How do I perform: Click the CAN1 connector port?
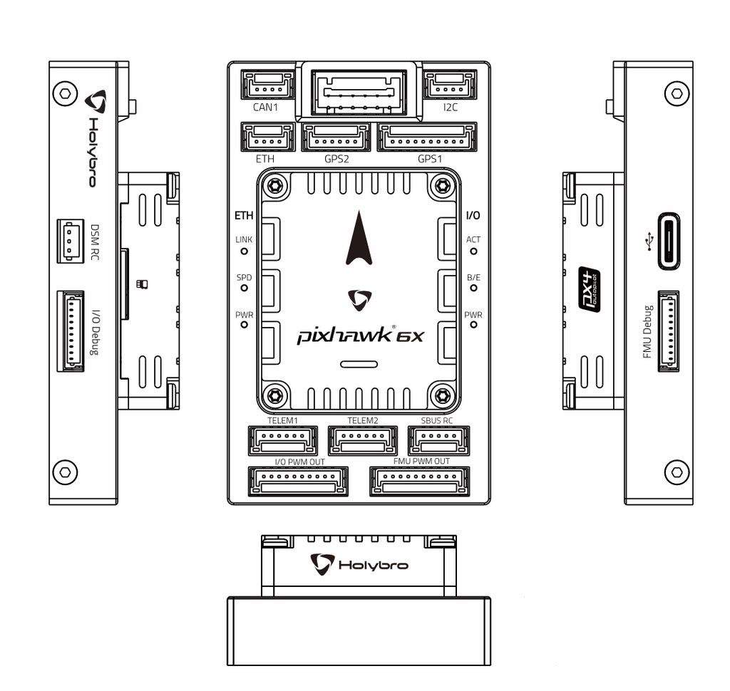point(268,85)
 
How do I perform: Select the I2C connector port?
point(450,85)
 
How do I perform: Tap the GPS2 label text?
point(336,159)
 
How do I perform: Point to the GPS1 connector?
point(427,137)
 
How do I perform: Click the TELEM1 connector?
point(282,440)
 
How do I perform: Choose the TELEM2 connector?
point(363,440)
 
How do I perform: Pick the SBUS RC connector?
point(438,440)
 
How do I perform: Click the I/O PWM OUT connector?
point(297,482)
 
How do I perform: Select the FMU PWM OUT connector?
point(420,482)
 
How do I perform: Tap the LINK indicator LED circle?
point(244,251)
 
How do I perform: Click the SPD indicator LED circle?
point(244,288)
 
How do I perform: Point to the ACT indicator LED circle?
point(473,251)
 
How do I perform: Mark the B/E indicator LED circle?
point(473,288)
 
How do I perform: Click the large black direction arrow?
point(359,241)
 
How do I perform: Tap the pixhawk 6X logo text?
point(360,335)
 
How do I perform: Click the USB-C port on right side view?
point(668,241)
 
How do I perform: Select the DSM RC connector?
point(70,240)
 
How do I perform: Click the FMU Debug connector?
point(668,331)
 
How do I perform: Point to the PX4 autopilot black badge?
point(588,288)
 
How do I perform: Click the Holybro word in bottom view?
point(373,565)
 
